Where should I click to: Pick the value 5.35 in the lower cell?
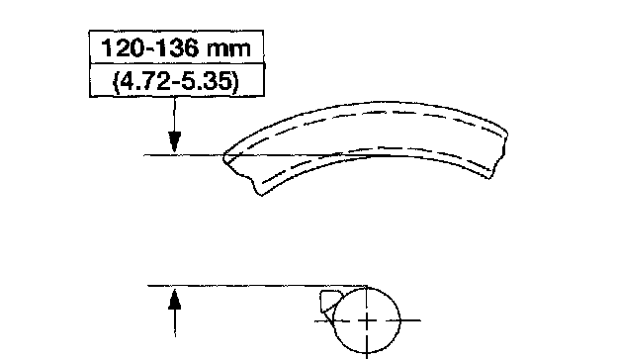pyautogui.click(x=208, y=82)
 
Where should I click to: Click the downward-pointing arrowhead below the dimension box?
pyautogui.click(x=175, y=142)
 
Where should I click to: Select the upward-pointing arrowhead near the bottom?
pyautogui.click(x=175, y=299)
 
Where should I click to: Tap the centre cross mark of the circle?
pyautogui.click(x=367, y=320)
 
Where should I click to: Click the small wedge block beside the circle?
pyautogui.click(x=329, y=301)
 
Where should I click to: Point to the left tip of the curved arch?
pyautogui.click(x=224, y=157)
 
